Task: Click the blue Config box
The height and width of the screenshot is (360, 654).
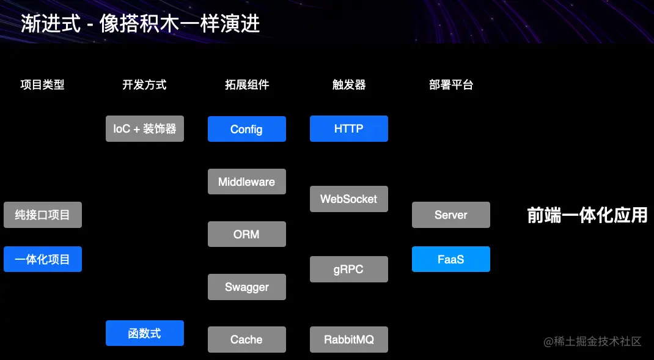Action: [x=246, y=129]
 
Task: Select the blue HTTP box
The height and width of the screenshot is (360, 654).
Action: [x=348, y=128]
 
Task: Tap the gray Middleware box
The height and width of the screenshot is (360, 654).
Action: [x=246, y=182]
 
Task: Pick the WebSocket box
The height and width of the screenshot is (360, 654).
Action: [x=348, y=199]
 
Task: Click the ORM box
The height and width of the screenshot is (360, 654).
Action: [x=246, y=234]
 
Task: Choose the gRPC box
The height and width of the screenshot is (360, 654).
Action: [x=348, y=270]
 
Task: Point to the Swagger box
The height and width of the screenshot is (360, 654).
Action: [x=246, y=287]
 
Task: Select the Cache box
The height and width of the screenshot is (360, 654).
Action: [x=246, y=339]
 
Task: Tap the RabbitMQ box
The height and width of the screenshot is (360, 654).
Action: [x=348, y=339]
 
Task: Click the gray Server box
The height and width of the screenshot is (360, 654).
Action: [x=450, y=215]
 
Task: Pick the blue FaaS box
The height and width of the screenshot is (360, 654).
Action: [x=450, y=259]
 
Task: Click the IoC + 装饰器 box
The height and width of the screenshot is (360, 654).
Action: [x=144, y=129]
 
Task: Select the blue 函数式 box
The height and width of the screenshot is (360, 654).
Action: [x=144, y=333]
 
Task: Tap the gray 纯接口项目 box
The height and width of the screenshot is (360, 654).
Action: [x=42, y=215]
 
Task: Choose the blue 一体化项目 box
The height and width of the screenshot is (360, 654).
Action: [x=42, y=259]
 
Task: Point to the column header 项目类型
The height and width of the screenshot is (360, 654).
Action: [x=42, y=85]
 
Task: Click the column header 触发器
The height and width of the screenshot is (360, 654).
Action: [x=348, y=85]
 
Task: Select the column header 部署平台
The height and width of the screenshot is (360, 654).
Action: [x=450, y=85]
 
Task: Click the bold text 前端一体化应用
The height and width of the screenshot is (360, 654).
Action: [x=587, y=215]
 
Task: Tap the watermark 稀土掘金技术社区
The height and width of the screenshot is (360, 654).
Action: [x=592, y=341]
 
